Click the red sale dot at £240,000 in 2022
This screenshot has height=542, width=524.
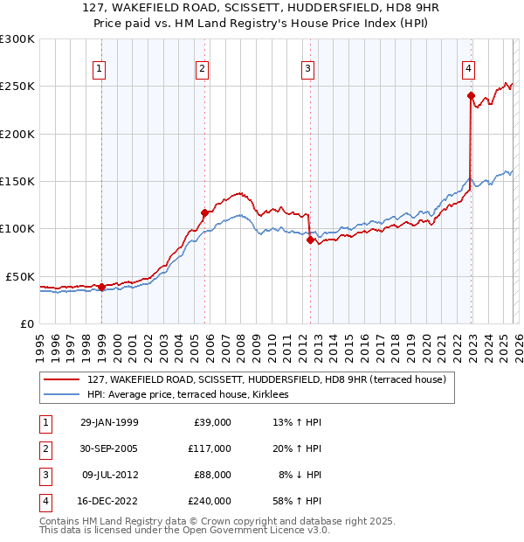[471, 96]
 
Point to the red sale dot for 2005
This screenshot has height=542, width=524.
[204, 212]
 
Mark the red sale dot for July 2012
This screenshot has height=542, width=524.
[310, 240]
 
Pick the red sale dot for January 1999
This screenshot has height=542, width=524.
[101, 287]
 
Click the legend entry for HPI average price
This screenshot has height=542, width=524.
[194, 394]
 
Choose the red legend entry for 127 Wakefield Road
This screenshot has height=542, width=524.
[266, 379]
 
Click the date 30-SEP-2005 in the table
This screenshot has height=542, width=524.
[109, 448]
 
